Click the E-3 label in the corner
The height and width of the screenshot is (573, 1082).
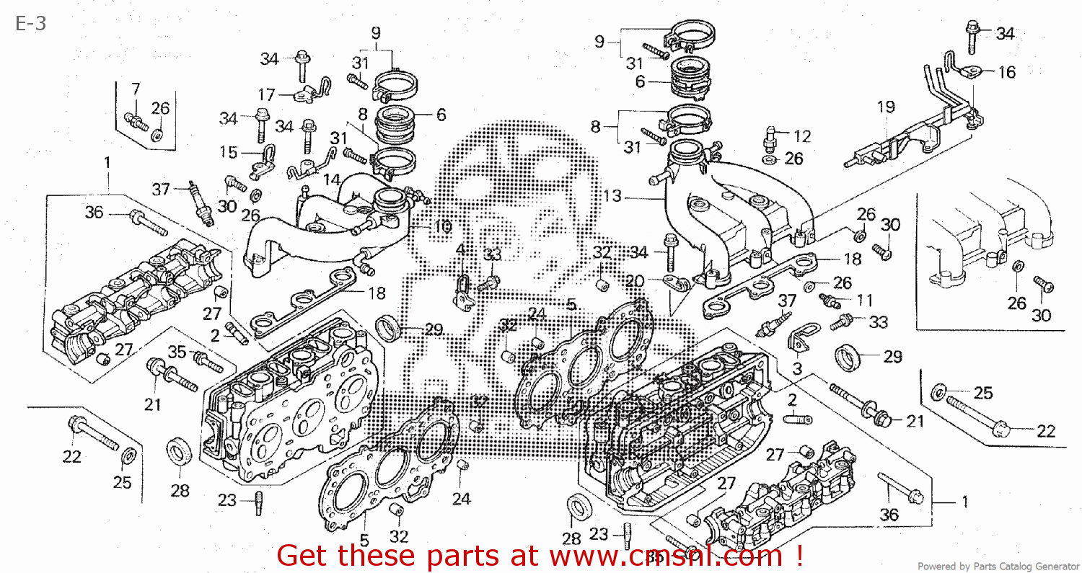pos(31,23)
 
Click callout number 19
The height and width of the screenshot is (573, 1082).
pos(886,107)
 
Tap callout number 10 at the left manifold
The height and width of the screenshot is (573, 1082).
pos(441,226)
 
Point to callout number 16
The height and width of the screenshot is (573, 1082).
pos(1006,71)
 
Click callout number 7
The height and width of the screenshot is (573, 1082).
pos(135,89)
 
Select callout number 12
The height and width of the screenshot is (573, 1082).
pos(802,136)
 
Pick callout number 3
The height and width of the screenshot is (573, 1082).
pos(797,369)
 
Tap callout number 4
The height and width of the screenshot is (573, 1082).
pos(459,249)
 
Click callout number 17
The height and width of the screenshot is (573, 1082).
pos(266,95)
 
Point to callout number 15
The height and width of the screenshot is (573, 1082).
pos(228,153)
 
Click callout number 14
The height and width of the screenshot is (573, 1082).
pos(331,179)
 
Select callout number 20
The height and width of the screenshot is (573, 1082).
pos(635,280)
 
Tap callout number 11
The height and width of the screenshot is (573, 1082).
pos(864,299)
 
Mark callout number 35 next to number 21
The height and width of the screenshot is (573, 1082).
pos(177,352)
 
